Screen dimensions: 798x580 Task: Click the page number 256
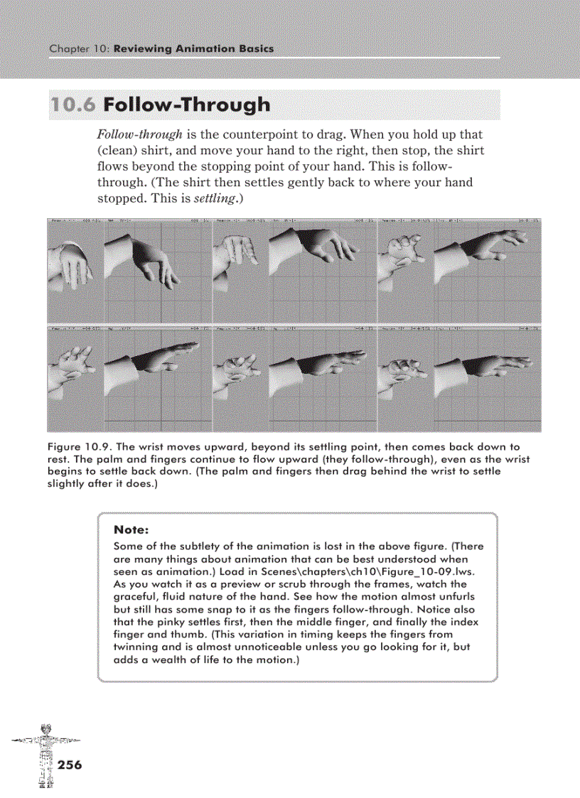pos(69,765)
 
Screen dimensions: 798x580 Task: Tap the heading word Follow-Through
pos(186,105)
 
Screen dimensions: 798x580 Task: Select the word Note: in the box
pos(130,530)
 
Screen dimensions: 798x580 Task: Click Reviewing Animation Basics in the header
pos(193,49)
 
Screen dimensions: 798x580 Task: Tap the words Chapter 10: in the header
pos(79,49)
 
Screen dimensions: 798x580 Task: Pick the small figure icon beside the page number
pos(45,757)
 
